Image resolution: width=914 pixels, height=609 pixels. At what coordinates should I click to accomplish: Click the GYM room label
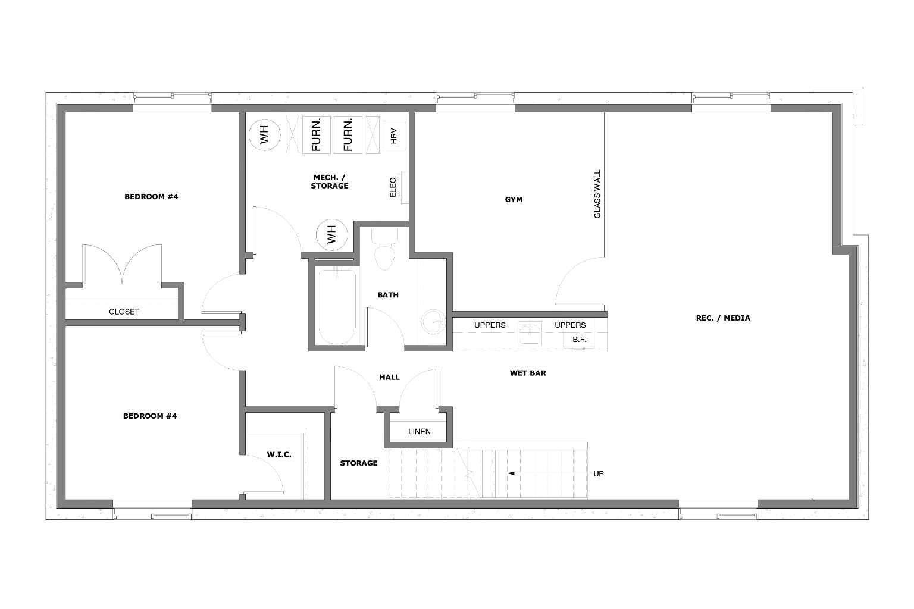coord(514,200)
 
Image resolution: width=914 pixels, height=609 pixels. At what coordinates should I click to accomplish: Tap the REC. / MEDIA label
coord(723,318)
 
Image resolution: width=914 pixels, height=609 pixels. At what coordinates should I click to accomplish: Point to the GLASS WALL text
coord(597,194)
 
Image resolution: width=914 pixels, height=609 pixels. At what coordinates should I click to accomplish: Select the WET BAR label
coord(528,373)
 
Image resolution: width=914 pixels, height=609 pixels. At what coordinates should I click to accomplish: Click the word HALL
coord(390,377)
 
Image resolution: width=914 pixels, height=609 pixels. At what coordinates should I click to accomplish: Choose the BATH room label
coord(388,295)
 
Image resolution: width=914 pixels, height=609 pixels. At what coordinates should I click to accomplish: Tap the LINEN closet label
coord(420,432)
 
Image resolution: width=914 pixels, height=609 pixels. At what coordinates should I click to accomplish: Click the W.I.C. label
coord(279,455)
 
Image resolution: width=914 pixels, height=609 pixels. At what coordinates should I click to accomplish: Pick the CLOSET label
coord(124,312)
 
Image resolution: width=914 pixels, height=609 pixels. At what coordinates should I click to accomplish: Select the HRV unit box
coord(393,136)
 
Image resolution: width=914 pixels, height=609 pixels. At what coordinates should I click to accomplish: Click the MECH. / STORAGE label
coord(329,181)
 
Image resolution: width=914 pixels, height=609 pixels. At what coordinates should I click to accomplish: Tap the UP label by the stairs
coord(599,474)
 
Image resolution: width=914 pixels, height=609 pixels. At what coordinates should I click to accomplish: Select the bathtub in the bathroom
coord(337,307)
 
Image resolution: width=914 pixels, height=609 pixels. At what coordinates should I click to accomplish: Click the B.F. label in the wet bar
coord(579,340)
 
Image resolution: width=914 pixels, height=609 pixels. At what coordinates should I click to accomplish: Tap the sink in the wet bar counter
coord(529,334)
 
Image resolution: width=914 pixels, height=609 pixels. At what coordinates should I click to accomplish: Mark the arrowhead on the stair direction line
coord(510,473)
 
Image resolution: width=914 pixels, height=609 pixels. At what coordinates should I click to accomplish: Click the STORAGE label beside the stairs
coord(359,463)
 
